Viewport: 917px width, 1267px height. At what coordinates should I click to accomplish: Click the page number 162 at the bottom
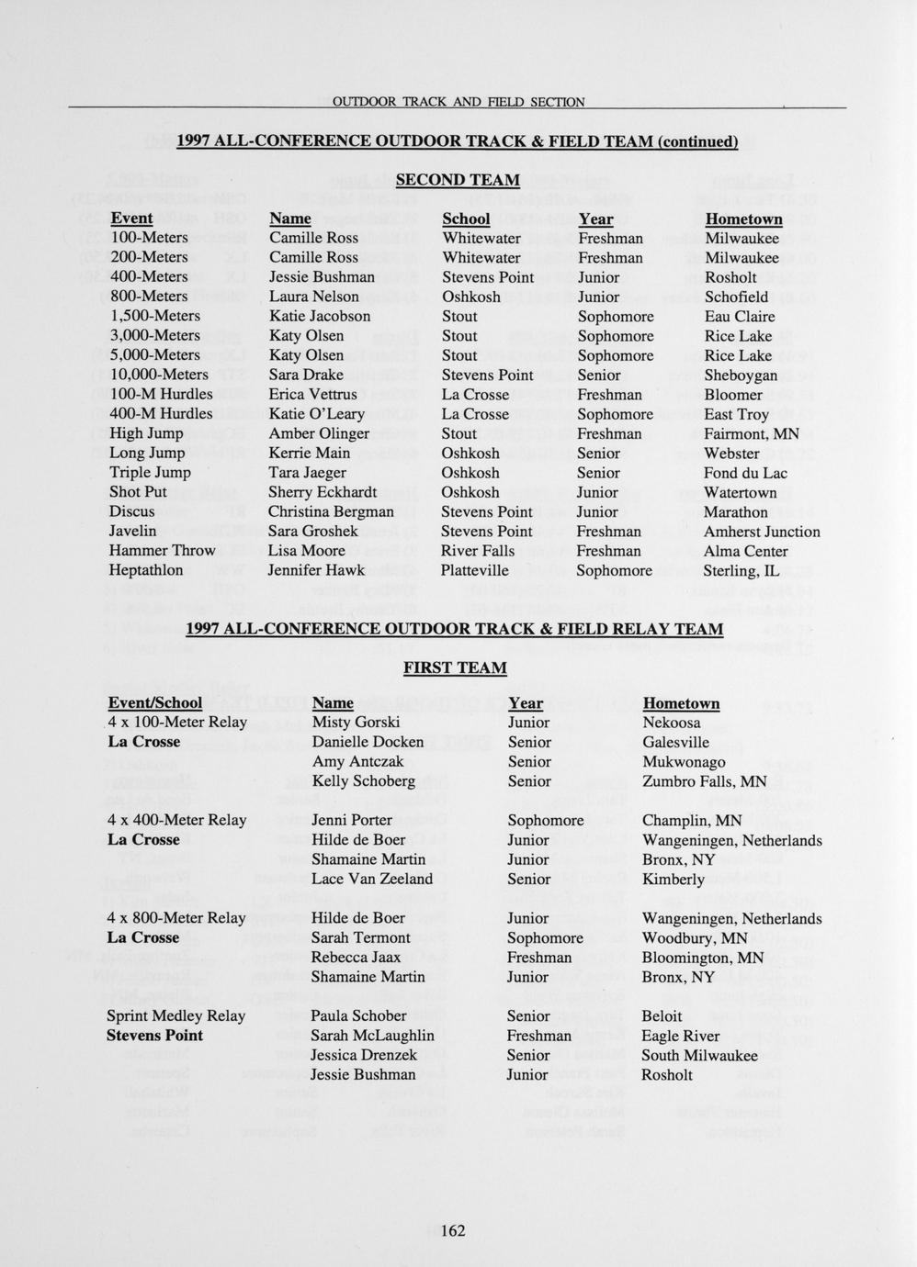(454, 1230)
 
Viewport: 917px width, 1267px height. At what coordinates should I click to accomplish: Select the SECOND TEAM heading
(458, 180)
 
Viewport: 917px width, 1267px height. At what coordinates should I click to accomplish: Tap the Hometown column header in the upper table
(743, 219)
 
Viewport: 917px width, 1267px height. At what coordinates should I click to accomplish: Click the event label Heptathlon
(146, 570)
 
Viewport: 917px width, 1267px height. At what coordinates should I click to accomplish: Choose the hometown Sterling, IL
(742, 570)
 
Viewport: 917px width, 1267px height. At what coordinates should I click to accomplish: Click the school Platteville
(475, 570)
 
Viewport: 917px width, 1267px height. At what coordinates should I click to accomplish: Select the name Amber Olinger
(319, 433)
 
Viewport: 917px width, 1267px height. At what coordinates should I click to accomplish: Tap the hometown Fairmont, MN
(752, 433)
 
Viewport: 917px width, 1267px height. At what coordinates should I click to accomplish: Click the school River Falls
(478, 551)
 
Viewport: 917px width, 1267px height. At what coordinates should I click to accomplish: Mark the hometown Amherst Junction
(762, 532)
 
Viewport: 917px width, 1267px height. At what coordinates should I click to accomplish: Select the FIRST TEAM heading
(455, 667)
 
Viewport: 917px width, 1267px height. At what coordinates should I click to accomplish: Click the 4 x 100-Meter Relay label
(177, 723)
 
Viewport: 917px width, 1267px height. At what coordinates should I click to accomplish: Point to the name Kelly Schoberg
(364, 781)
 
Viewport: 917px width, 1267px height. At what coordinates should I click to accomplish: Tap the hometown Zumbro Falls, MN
(705, 781)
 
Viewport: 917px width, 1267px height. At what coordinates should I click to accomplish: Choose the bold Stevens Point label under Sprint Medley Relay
(155, 1036)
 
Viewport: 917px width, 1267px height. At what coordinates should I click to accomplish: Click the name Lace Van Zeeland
(372, 879)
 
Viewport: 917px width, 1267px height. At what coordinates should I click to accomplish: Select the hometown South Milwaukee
(699, 1055)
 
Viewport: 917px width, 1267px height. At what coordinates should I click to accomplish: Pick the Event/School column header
(155, 703)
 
